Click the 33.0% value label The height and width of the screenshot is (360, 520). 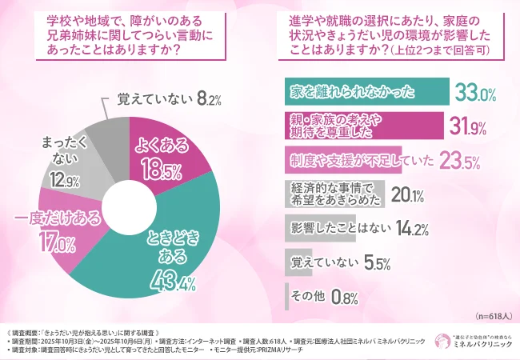pos(477,92)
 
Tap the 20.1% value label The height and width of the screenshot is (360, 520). pos(407,194)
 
